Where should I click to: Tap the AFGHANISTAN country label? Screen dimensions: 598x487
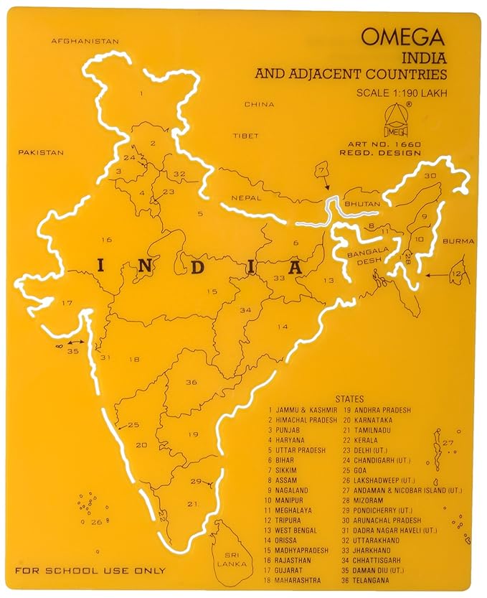pos(85,42)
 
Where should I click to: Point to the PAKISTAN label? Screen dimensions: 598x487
pos(41,153)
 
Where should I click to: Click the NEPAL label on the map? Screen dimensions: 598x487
pos(245,197)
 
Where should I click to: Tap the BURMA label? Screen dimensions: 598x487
pos(459,241)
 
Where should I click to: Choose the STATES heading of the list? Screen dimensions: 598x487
pos(349,399)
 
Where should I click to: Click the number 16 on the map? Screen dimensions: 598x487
pos(107,240)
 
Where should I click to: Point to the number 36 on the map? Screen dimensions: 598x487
pos(191,383)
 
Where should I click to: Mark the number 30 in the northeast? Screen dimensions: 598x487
pos(430,176)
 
